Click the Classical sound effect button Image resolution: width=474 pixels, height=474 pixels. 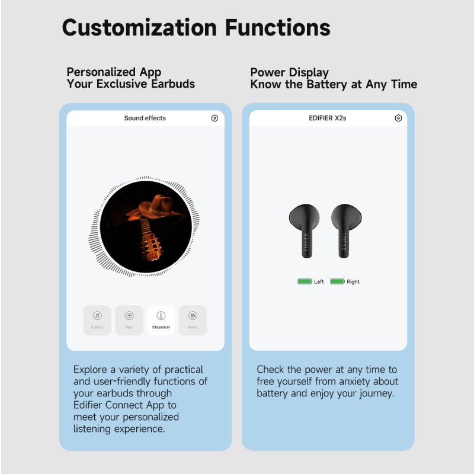(x=161, y=320)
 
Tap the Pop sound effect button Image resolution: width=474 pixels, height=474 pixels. (x=129, y=320)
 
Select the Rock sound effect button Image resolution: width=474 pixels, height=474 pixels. (x=193, y=320)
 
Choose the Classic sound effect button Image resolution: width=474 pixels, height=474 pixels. (x=97, y=320)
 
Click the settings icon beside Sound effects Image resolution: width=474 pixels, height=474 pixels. (x=214, y=118)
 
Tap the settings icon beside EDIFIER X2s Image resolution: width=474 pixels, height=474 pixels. (x=398, y=118)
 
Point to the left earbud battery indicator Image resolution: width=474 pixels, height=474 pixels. (x=305, y=281)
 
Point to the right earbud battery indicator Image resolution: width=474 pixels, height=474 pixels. (x=337, y=281)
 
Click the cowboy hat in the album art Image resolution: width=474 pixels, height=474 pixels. (x=154, y=208)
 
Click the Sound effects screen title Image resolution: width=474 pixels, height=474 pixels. (x=145, y=118)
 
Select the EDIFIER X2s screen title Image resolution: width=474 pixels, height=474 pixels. (x=328, y=118)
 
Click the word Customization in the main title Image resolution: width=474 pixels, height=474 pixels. (x=139, y=27)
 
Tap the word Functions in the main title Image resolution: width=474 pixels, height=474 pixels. (x=278, y=27)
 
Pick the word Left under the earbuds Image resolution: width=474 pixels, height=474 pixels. (x=319, y=282)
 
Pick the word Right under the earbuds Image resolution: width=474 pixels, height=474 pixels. (x=353, y=282)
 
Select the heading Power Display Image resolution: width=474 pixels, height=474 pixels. (x=289, y=73)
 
